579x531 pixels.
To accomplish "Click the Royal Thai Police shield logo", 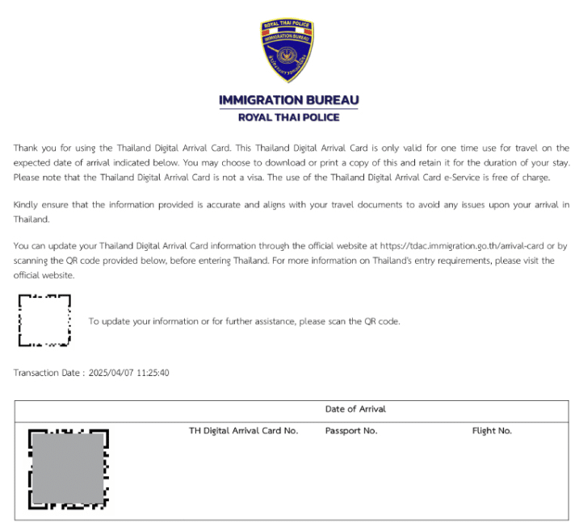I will pyautogui.click(x=288, y=50).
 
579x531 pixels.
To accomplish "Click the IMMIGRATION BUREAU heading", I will pyautogui.click(x=289, y=101).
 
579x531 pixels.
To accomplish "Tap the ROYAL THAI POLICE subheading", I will pyautogui.click(x=289, y=117).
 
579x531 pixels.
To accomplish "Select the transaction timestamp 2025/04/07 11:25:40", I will pyautogui.click(x=129, y=373).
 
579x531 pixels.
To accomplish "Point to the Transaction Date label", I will pyautogui.click(x=48, y=373).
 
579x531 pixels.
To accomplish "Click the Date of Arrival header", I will pyautogui.click(x=355, y=409).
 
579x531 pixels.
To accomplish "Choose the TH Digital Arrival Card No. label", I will pyautogui.click(x=244, y=431).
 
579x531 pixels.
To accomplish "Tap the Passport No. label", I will pyautogui.click(x=351, y=431).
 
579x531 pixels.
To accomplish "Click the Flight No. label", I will pyautogui.click(x=492, y=431).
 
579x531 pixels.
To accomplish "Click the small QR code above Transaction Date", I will pyautogui.click(x=44, y=320).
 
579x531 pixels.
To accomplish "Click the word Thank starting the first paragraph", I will pyautogui.click(x=27, y=148).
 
